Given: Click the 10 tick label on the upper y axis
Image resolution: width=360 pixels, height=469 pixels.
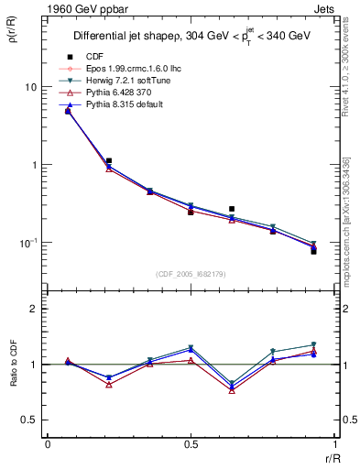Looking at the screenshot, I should [x=31, y=87].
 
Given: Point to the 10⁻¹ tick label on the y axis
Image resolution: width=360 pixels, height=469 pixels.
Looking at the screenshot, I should [x=29, y=243].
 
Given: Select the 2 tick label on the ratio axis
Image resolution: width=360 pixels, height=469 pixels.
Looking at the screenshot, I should [x=35, y=309].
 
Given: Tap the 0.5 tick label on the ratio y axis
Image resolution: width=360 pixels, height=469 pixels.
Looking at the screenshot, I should [x=30, y=420].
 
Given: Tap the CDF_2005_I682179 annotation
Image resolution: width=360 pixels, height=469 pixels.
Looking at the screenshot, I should [x=191, y=273].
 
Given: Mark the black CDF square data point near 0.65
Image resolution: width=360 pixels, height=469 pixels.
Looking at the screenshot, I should [x=232, y=209].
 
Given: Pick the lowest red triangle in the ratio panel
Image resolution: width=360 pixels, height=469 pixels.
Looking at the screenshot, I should [x=232, y=390].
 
